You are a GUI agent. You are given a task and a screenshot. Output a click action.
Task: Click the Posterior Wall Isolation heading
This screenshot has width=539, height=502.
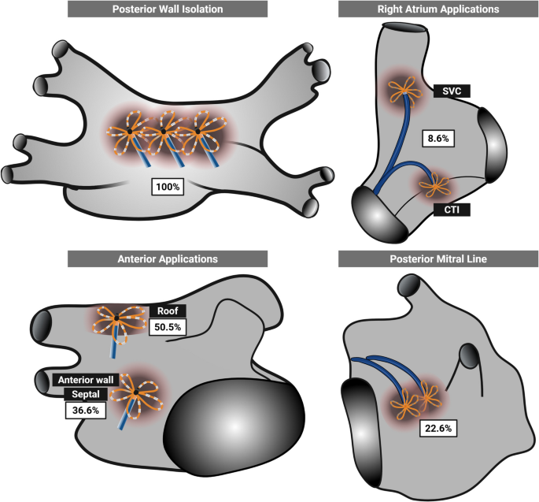pos(167,9)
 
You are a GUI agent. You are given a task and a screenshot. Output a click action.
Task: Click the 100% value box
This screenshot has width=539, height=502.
pos(168,188)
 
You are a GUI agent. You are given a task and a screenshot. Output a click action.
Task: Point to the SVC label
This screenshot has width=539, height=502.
pos(451,91)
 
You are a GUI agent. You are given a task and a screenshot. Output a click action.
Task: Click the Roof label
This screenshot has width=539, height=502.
pos(164,308)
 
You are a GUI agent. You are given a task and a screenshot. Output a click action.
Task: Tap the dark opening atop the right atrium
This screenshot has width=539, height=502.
pos(405,28)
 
